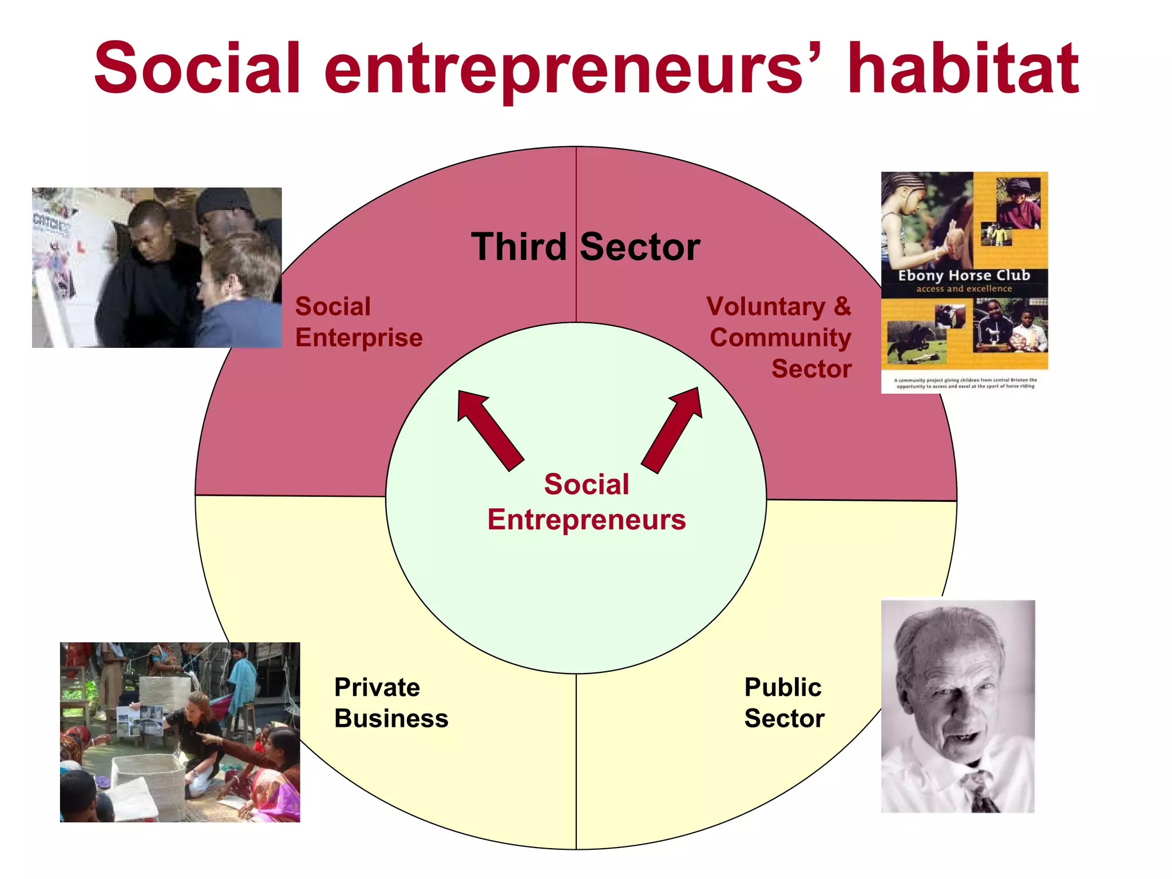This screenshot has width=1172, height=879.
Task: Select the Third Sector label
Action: coord(585,247)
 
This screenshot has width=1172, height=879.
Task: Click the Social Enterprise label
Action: coord(358,322)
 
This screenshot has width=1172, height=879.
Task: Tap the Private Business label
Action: coord(391,703)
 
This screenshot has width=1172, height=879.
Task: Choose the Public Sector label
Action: coord(784,703)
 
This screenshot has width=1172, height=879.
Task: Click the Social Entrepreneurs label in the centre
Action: coord(587,502)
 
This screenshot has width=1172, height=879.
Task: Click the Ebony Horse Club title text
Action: coord(964,276)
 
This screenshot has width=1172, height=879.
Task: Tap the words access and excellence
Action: coord(964,289)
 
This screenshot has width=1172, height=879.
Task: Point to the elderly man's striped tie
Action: coord(982,793)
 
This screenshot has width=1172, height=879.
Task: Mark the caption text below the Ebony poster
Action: coord(965,383)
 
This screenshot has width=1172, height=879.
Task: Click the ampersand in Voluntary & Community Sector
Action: coord(842,307)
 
